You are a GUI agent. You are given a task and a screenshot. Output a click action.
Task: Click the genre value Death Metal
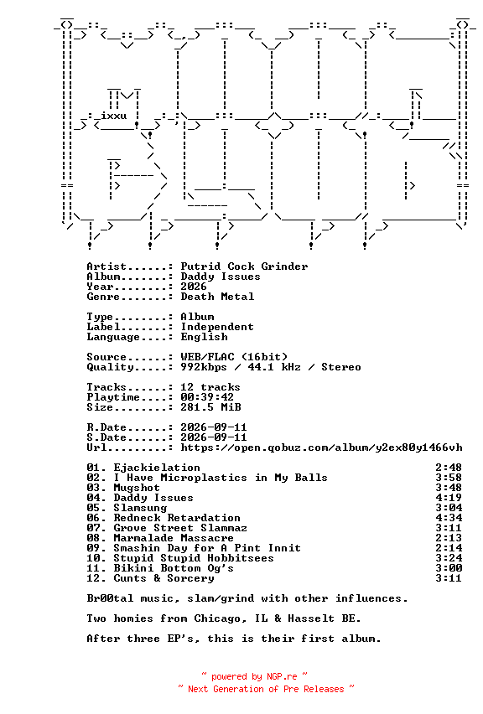coord(217,297)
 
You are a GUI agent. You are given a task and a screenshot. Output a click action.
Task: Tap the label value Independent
coord(217,327)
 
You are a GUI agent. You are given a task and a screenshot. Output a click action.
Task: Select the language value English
coord(204,337)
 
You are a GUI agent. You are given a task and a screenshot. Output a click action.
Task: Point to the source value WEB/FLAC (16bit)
coord(234,356)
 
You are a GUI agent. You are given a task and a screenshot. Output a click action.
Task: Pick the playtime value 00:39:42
coord(207,397)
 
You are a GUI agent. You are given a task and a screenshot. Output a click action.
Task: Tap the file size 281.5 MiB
coord(211,407)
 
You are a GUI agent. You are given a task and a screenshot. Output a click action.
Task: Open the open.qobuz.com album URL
coord(322,448)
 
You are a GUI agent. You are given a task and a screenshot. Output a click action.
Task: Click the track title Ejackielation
coord(157,468)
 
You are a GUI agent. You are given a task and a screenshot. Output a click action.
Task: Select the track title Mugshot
coord(137,488)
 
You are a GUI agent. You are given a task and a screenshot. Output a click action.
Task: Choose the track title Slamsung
coord(140,508)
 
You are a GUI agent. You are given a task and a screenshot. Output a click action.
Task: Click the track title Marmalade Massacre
coord(174,538)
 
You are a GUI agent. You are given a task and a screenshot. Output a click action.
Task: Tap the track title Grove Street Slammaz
coord(180,528)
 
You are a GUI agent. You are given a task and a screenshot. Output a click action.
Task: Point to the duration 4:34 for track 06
coord(449,518)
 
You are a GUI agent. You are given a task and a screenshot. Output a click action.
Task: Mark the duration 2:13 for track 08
coord(449,538)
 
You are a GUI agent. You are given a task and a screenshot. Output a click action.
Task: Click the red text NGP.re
coord(282,676)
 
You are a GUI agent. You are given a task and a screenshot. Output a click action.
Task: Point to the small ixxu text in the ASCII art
coord(114,116)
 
